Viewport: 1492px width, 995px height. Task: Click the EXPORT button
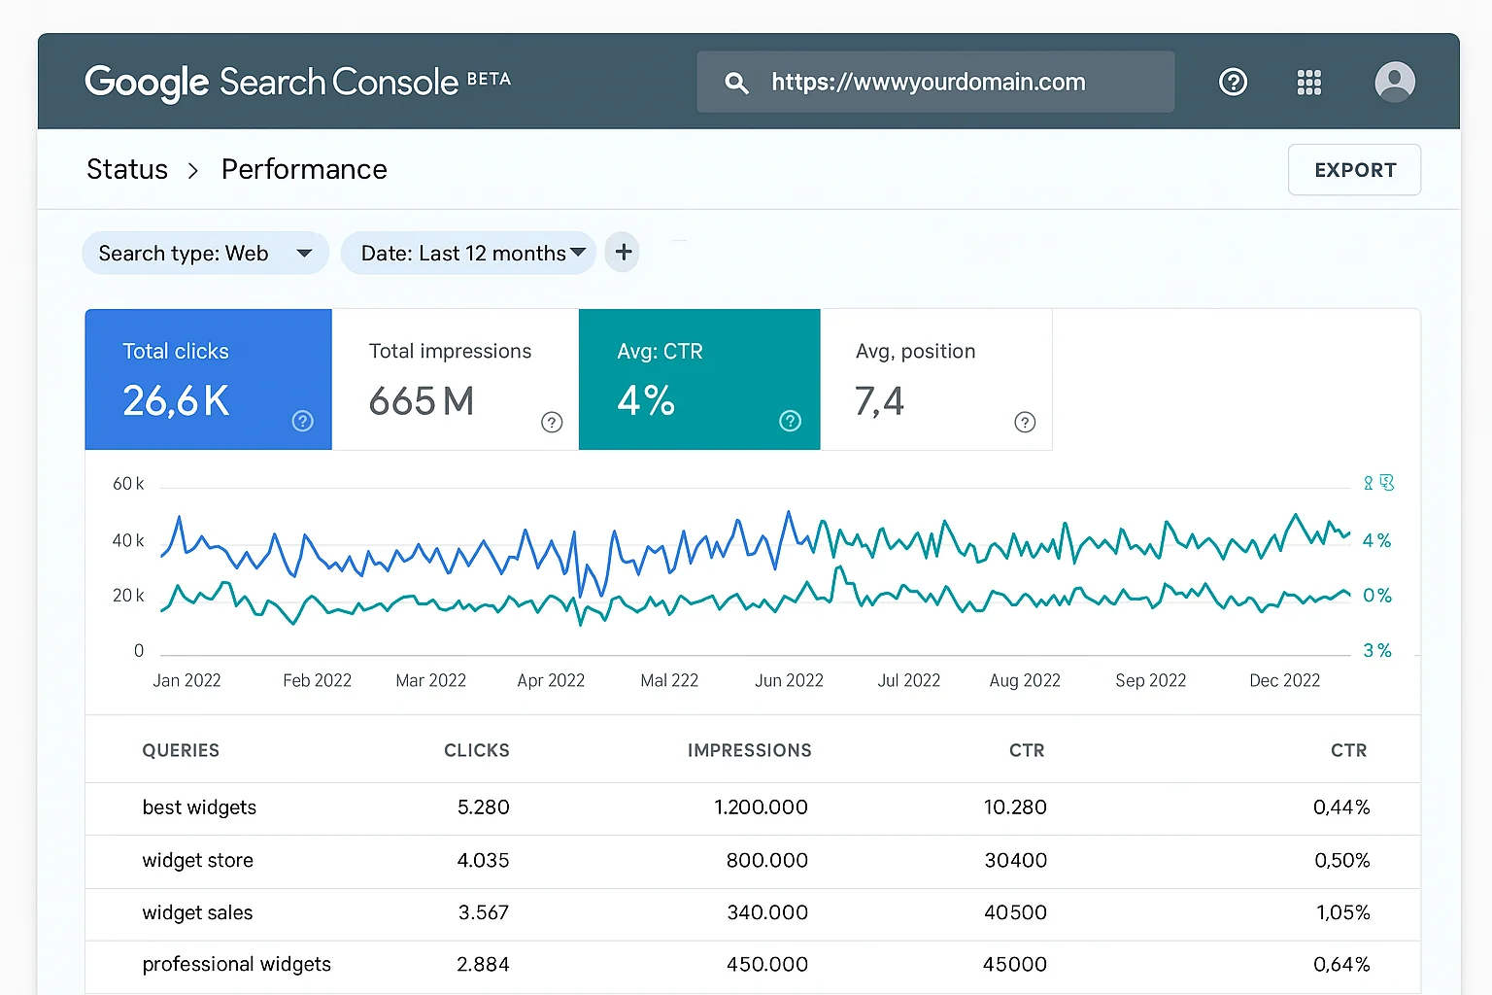coord(1354,170)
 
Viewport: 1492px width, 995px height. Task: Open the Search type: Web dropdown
coord(205,254)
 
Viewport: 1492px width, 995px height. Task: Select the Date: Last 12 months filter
coord(468,254)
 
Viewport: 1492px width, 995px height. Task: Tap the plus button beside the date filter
coord(623,253)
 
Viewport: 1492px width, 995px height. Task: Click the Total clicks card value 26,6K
coord(176,401)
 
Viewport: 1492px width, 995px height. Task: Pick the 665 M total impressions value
coord(422,401)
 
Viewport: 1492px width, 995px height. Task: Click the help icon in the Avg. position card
coord(1025,422)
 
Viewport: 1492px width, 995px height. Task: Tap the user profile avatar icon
coord(1395,82)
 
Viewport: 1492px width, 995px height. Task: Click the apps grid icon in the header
coord(1308,83)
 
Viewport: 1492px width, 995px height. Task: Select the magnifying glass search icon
coord(736,83)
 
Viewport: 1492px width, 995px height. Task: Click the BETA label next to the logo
coord(489,79)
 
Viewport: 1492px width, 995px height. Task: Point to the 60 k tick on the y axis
coord(128,484)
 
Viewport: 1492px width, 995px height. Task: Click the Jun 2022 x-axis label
coord(789,680)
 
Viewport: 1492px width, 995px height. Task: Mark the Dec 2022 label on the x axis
coord(1284,680)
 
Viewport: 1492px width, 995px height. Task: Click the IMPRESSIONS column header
coord(749,750)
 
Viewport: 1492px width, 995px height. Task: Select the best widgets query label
coord(199,807)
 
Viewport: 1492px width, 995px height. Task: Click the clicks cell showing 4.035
coord(483,860)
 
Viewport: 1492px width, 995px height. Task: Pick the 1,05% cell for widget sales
coord(1342,912)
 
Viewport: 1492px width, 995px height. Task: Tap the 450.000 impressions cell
coord(766,964)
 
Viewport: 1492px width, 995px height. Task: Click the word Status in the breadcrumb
coord(127,169)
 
